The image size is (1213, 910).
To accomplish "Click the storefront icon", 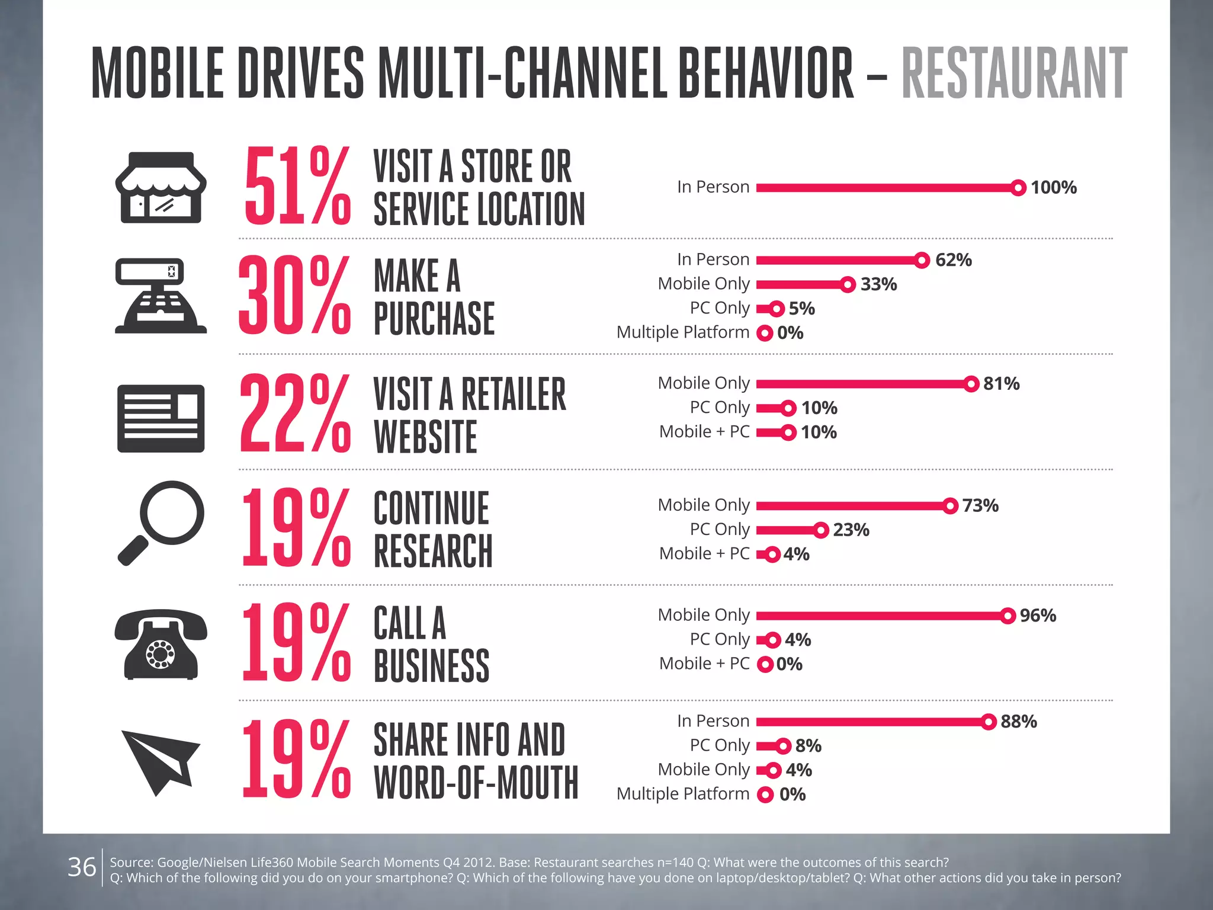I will tap(161, 187).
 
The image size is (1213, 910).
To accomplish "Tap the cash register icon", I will tap(161, 296).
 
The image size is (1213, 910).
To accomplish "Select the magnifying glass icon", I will tap(161, 523).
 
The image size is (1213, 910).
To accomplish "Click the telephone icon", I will tap(161, 645).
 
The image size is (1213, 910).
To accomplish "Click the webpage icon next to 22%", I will tap(161, 418).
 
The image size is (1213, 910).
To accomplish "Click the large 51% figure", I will tap(297, 187).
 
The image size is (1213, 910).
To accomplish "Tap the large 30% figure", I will tap(294, 296).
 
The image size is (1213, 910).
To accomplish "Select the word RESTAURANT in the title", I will tap(1014, 73).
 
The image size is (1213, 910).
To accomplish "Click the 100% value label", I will tap(1053, 188).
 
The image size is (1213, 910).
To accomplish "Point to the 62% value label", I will tap(953, 260).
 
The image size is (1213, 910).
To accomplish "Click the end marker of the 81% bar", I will tap(971, 384).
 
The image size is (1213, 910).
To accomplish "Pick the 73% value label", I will tap(980, 505).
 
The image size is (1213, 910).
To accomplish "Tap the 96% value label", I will tap(1038, 616).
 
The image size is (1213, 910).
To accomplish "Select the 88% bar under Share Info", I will tap(871, 722).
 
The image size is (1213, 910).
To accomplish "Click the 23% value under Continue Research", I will tap(851, 530).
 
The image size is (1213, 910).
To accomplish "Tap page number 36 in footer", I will tap(82, 867).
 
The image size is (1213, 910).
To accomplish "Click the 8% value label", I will tap(808, 746).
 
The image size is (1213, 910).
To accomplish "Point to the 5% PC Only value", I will tap(801, 309).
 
